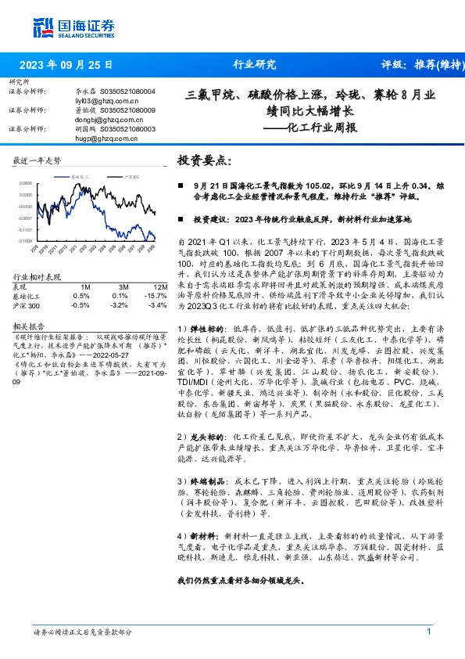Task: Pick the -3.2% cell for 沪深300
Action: pos(119,304)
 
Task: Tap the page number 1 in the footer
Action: pos(429,632)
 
